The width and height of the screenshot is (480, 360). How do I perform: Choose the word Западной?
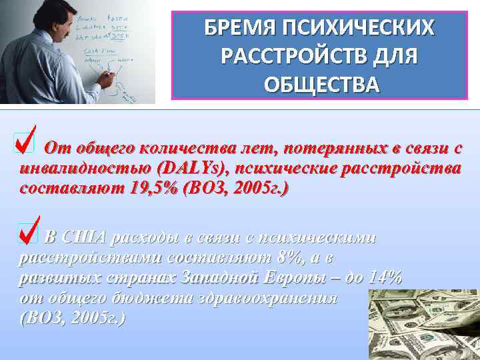pyautogui.click(x=221, y=278)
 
